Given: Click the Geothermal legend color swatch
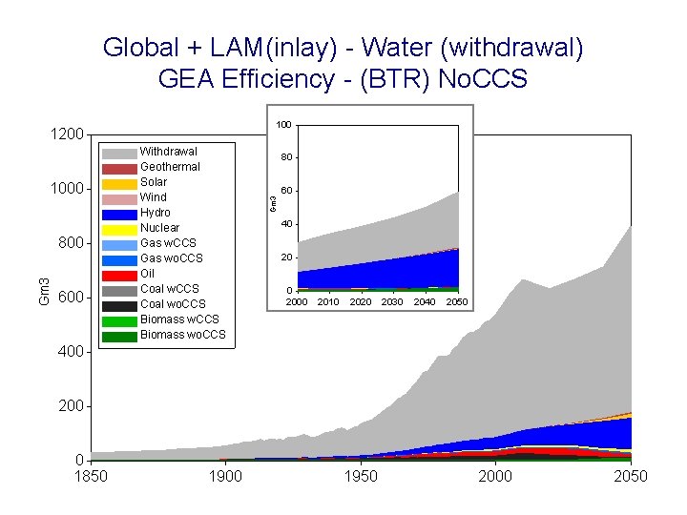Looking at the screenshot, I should (119, 168).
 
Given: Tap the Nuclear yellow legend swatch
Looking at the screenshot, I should (119, 229).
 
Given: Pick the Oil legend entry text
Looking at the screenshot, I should (148, 274).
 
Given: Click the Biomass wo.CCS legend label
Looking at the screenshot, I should (182, 335).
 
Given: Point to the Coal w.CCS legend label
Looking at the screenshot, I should (169, 289).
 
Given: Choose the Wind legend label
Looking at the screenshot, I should (153, 197).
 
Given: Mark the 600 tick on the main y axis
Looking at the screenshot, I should (71, 298).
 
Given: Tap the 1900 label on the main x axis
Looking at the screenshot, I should (225, 477).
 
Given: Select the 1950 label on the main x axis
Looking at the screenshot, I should (360, 477).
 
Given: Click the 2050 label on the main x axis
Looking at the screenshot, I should (630, 477).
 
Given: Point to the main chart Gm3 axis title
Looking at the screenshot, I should (43, 291).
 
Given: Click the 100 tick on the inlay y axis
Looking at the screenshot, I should (283, 125).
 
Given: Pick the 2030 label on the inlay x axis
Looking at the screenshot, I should (392, 302).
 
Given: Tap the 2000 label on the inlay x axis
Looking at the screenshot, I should (296, 302).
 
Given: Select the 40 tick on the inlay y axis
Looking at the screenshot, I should (285, 224).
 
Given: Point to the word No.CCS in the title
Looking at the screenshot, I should (482, 78).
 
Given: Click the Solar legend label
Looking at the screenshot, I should (153, 182).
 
